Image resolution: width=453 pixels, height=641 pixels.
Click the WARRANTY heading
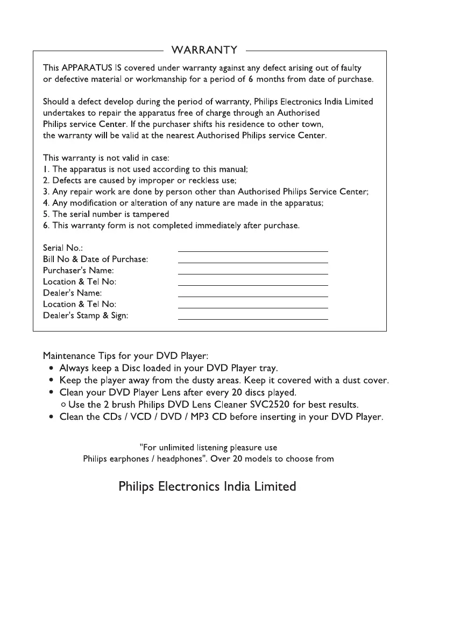pos(204,51)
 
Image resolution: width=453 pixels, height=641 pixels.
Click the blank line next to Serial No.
pos(252,251)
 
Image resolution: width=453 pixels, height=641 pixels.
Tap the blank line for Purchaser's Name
pos(252,273)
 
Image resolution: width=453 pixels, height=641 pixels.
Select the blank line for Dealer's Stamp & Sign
pos(252,319)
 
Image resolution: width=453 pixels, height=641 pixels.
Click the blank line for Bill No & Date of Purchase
pos(252,262)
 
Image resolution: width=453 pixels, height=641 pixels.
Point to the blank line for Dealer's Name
pos(252,296)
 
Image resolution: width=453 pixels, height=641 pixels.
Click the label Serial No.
pos(62,248)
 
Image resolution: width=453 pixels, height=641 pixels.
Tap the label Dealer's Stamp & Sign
pos(86,315)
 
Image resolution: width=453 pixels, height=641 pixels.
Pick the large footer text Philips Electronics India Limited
pos(207,487)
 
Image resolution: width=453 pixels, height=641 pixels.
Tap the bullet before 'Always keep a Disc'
pos(50,369)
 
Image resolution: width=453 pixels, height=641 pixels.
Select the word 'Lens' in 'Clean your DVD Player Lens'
pos(171,392)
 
